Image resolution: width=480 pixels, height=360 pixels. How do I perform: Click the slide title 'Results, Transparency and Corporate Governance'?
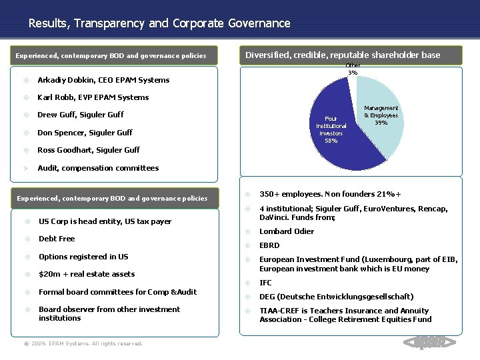(159, 23)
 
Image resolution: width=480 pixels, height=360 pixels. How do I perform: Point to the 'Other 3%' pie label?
(353, 69)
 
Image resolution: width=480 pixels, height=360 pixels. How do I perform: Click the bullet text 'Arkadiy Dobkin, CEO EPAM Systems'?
(103, 80)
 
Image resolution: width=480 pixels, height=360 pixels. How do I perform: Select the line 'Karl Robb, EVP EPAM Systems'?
(93, 97)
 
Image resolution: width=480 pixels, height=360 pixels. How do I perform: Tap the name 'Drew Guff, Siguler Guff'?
(81, 115)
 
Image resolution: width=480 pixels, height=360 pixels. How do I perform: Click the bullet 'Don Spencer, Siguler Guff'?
(85, 132)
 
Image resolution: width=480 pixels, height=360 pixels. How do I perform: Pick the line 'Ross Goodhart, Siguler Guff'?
(89, 150)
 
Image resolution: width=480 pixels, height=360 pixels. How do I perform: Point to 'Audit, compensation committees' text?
(98, 168)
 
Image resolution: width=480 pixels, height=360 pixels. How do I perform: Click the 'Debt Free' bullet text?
(57, 239)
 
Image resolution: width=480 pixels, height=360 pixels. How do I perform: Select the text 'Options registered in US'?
(83, 257)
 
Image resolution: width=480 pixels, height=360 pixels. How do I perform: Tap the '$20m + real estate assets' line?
(87, 274)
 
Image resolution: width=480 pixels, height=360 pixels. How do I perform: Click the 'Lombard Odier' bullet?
(287, 231)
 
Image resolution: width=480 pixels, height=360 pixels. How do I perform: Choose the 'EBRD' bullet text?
(270, 246)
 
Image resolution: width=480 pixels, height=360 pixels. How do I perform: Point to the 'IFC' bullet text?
(265, 283)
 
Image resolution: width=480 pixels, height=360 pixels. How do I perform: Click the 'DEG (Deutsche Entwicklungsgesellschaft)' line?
(337, 297)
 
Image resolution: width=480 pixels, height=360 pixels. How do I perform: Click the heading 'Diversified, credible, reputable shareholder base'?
(343, 55)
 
